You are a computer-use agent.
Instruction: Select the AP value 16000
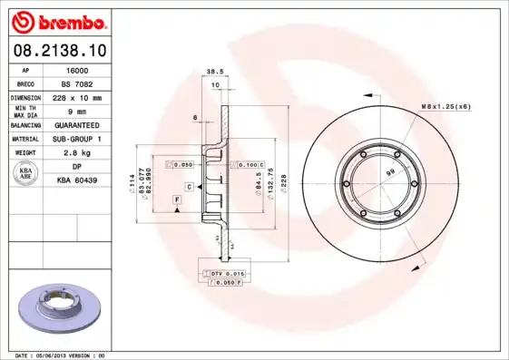[x=79, y=69]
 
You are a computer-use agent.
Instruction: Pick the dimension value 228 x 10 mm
[x=79, y=97]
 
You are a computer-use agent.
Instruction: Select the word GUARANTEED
[x=79, y=125]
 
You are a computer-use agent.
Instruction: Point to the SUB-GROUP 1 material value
[x=79, y=139]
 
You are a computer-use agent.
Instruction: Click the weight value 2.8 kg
[x=79, y=153]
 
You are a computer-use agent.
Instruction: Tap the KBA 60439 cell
[x=79, y=180]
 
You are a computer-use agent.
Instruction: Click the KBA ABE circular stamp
[x=26, y=174]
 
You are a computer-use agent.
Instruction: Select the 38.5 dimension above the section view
[x=215, y=72]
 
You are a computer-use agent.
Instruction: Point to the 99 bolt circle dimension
[x=391, y=171]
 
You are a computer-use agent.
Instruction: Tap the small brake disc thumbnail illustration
[x=59, y=306]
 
